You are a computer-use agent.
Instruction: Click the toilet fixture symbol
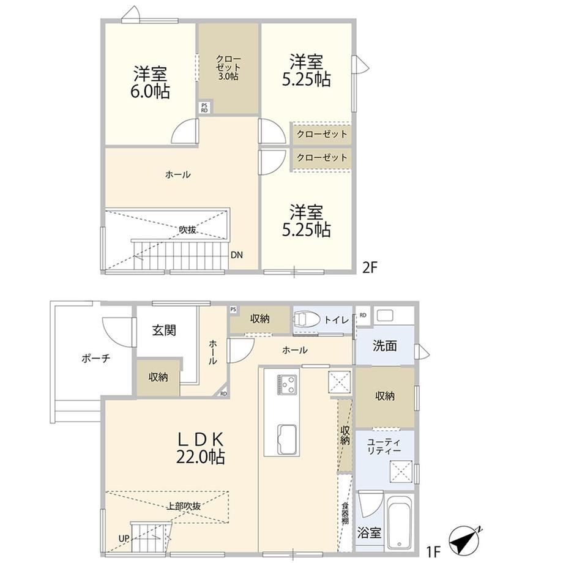click(x=307, y=318)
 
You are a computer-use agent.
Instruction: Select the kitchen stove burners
click(x=286, y=384)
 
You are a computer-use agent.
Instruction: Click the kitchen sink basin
click(x=286, y=440)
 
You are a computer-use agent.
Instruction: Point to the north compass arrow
click(x=465, y=539)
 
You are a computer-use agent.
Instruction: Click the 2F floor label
click(x=370, y=267)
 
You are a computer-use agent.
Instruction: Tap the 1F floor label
click(x=433, y=551)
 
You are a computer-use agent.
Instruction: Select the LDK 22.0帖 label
click(x=201, y=448)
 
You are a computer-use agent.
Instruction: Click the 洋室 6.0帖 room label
click(x=150, y=82)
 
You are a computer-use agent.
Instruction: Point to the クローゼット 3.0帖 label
click(x=228, y=67)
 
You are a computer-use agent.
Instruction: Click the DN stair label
click(x=237, y=255)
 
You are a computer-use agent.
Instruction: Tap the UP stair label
click(x=124, y=539)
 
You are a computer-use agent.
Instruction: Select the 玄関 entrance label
click(x=164, y=330)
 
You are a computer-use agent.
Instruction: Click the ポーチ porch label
click(x=95, y=358)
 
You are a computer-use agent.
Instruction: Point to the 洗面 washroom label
click(x=384, y=346)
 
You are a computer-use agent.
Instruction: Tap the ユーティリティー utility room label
click(x=384, y=446)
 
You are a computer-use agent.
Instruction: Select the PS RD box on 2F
click(x=204, y=108)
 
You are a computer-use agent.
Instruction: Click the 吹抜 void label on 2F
click(x=187, y=230)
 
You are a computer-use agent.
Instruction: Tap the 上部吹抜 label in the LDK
click(x=184, y=506)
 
